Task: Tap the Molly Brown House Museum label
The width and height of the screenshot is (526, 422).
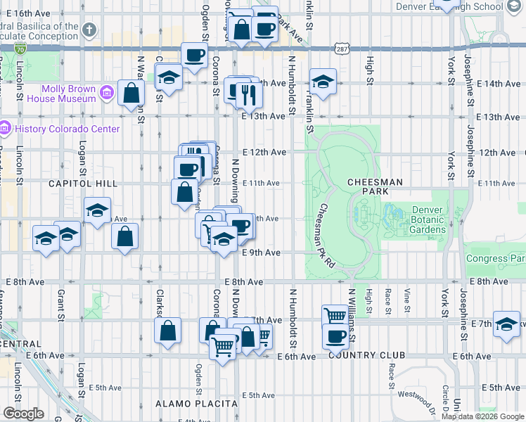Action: pyautogui.click(x=68, y=94)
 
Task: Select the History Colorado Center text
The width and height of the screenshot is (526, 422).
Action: pyautogui.click(x=68, y=129)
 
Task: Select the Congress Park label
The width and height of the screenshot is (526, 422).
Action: pyautogui.click(x=495, y=258)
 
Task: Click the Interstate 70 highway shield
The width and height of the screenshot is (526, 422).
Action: pyautogui.click(x=20, y=49)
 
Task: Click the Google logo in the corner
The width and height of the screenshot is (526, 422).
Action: pyautogui.click(x=23, y=414)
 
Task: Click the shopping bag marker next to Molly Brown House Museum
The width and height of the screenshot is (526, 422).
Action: pyautogui.click(x=131, y=93)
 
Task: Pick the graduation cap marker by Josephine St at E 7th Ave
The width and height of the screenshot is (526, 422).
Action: pyautogui.click(x=506, y=324)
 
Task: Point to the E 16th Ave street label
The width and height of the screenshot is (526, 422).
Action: pyautogui.click(x=32, y=13)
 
